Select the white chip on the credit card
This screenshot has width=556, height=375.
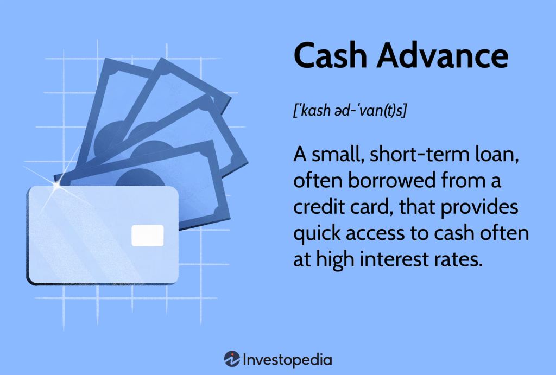pos(147,234)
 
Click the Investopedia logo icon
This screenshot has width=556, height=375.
pos(232,359)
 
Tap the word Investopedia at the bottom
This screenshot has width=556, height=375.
pos(287,359)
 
